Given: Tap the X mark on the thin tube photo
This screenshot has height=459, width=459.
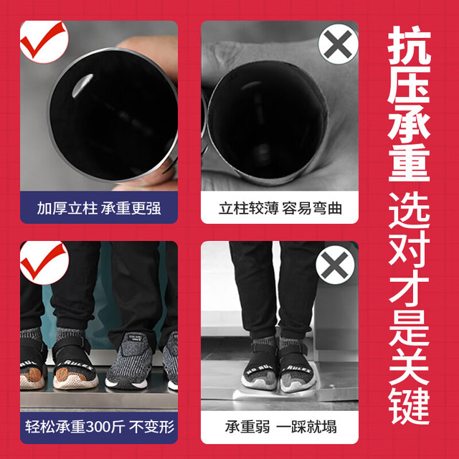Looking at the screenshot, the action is point(338,44).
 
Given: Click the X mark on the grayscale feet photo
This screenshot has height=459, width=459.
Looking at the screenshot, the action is point(335,265).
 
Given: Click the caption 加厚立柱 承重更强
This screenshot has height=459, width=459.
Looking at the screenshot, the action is point(99,209).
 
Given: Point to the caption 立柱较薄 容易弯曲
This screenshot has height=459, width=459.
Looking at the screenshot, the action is point(280,209).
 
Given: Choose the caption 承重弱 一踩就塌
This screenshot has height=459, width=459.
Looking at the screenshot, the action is point(280,427).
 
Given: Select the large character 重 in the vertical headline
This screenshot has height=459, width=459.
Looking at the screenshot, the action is point(409,163).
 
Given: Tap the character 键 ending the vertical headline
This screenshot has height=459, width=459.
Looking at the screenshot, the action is point(409,405).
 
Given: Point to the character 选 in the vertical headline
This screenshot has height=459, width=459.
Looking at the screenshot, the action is point(409,210).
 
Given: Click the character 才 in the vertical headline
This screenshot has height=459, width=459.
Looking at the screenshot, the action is point(409,291).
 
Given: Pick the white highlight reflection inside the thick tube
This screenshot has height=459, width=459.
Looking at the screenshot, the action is point(82,85).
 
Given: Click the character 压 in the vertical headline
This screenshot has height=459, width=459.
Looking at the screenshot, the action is point(409,85).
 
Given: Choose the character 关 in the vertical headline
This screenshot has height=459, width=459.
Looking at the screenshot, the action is point(409,366).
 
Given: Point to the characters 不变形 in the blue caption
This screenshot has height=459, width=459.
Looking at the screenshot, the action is point(151,427).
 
